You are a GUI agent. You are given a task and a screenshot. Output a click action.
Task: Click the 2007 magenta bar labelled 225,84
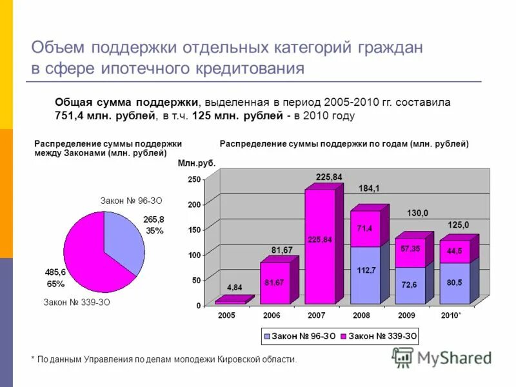320,245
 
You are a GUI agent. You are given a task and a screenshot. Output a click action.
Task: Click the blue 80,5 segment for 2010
455,283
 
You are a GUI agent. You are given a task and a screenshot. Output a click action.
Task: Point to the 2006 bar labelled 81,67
275,283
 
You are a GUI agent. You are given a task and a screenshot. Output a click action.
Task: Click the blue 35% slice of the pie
126,239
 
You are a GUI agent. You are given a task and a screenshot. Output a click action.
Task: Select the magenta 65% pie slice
90,255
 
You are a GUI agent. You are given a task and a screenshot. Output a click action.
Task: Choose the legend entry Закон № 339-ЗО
381,336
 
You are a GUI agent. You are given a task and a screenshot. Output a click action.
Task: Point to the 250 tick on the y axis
194,179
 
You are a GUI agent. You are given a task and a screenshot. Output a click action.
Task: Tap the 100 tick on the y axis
194,255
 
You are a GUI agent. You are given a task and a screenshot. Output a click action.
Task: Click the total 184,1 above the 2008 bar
369,189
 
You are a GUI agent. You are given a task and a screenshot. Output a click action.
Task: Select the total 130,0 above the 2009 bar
417,213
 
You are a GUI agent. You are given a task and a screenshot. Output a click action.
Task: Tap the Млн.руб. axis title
196,164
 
